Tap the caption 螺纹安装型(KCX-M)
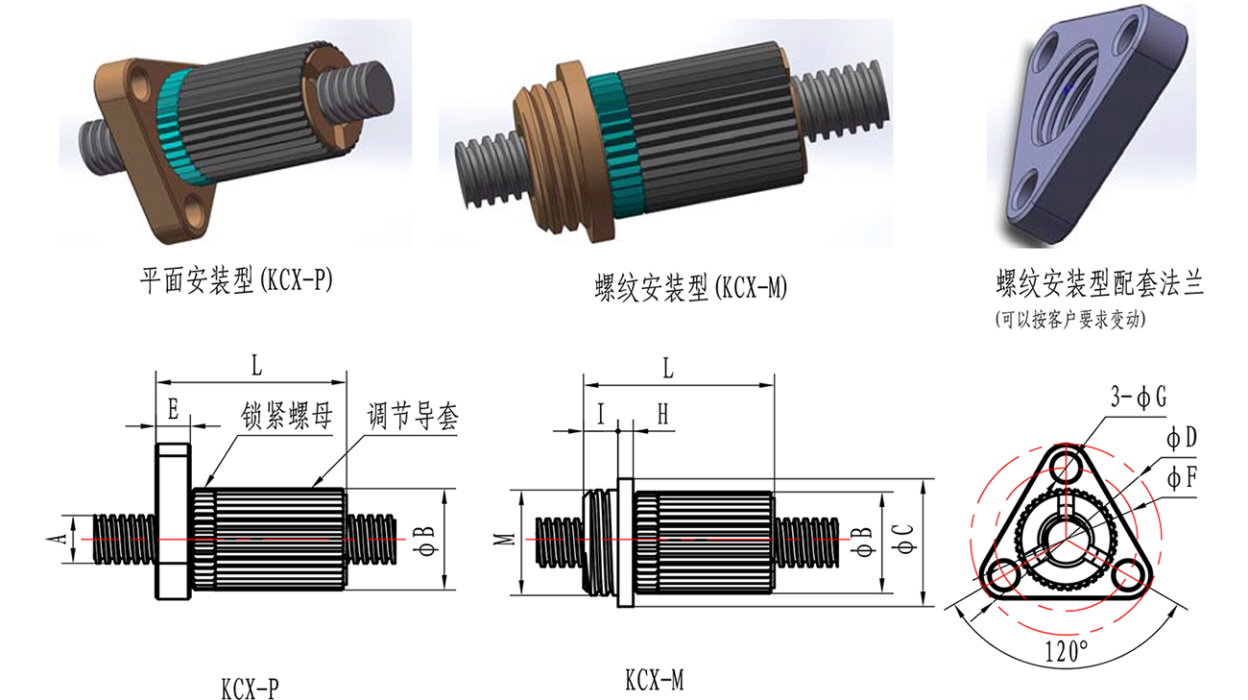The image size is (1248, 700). click(x=690, y=287)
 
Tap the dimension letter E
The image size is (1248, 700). click(x=173, y=410)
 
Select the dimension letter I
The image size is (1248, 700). click(x=601, y=414)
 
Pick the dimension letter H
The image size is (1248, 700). click(x=662, y=414)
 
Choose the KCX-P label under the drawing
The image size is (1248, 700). click(x=250, y=688)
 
